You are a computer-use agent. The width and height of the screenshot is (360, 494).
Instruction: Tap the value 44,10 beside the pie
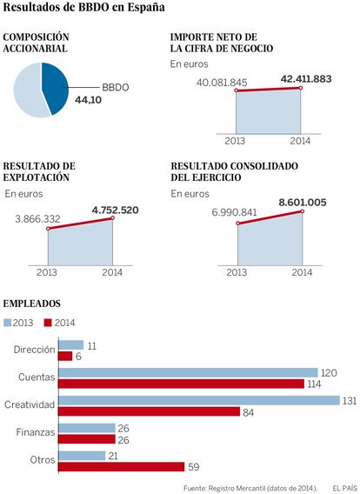click(x=88, y=100)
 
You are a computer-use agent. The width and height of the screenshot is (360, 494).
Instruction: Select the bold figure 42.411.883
click(x=306, y=79)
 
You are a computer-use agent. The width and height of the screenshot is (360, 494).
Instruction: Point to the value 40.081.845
click(x=222, y=83)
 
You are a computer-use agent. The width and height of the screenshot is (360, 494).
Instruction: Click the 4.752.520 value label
click(x=116, y=210)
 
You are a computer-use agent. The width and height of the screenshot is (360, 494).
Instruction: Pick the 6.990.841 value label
click(x=234, y=212)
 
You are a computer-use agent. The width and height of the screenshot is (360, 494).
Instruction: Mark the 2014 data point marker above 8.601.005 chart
click(x=303, y=211)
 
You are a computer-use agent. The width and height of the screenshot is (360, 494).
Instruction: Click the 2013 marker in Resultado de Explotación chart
click(x=48, y=229)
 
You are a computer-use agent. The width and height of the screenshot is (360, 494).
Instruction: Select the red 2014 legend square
click(x=48, y=323)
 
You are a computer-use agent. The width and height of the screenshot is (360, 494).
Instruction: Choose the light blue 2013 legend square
click(x=7, y=323)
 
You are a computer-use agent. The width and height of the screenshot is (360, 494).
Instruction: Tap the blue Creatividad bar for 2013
click(x=199, y=400)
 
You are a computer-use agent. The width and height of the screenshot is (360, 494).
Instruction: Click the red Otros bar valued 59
click(x=122, y=467)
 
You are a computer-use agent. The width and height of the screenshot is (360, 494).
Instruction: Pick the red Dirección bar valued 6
click(x=65, y=357)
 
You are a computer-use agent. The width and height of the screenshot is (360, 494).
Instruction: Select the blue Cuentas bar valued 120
click(x=189, y=373)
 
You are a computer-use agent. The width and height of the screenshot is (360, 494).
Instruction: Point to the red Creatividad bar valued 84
click(x=150, y=411)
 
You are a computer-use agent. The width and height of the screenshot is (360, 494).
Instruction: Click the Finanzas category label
click(x=36, y=432)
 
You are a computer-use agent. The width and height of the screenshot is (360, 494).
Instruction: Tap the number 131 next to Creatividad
click(x=350, y=401)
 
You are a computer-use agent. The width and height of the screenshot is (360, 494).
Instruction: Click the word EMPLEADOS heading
click(x=31, y=304)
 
